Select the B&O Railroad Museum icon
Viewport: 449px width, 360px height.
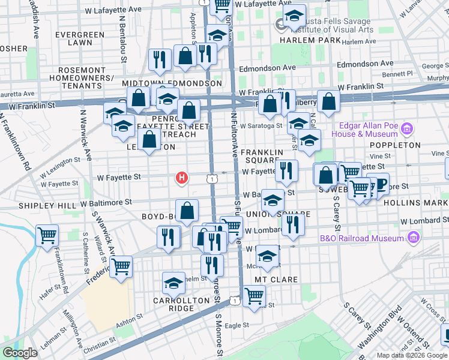(412, 238)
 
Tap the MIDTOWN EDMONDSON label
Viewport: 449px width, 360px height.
(172, 83)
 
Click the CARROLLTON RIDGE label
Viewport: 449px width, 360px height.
(173, 304)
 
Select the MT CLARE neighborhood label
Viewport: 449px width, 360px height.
(277, 280)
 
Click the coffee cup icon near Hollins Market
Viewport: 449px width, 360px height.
(378, 184)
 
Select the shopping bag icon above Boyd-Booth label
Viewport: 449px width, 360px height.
(187, 210)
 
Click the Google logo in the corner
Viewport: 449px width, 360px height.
(20, 353)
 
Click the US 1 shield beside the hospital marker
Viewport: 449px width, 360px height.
(211, 178)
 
